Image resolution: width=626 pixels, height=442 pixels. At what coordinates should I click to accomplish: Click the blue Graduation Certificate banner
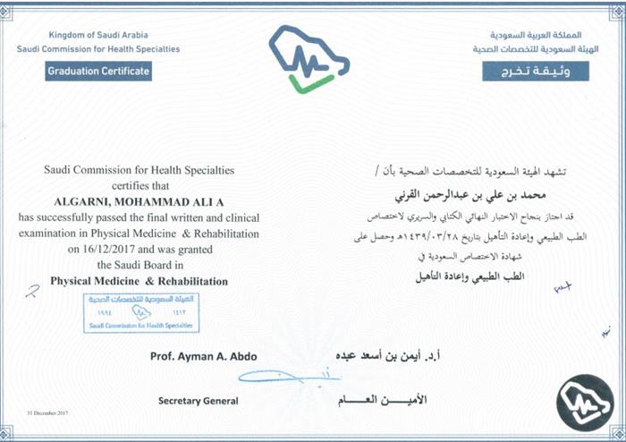coord(98,71)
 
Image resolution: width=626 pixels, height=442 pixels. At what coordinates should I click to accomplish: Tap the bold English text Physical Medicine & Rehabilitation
coord(139,281)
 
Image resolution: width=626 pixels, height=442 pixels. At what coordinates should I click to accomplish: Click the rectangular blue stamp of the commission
coord(141,312)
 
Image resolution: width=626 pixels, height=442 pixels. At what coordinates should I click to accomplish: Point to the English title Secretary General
coord(198,402)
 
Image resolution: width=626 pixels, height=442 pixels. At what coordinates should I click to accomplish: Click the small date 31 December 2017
coord(47,413)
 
